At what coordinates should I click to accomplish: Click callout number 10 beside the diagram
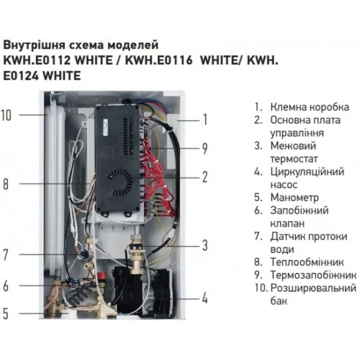pyautogui.click(x=7, y=115)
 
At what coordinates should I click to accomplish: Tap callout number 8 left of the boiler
pyautogui.click(x=6, y=185)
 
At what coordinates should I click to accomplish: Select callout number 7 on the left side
pyautogui.click(x=6, y=255)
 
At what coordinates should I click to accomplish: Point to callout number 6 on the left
pyautogui.click(x=6, y=286)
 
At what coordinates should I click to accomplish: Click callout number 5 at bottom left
pyautogui.click(x=6, y=314)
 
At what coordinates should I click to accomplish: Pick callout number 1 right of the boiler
pyautogui.click(x=205, y=119)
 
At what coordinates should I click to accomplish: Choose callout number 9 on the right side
pyautogui.click(x=205, y=148)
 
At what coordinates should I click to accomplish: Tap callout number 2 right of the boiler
pyautogui.click(x=205, y=176)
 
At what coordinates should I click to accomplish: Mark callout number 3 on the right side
pyautogui.click(x=205, y=245)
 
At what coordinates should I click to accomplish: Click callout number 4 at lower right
pyautogui.click(x=205, y=298)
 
